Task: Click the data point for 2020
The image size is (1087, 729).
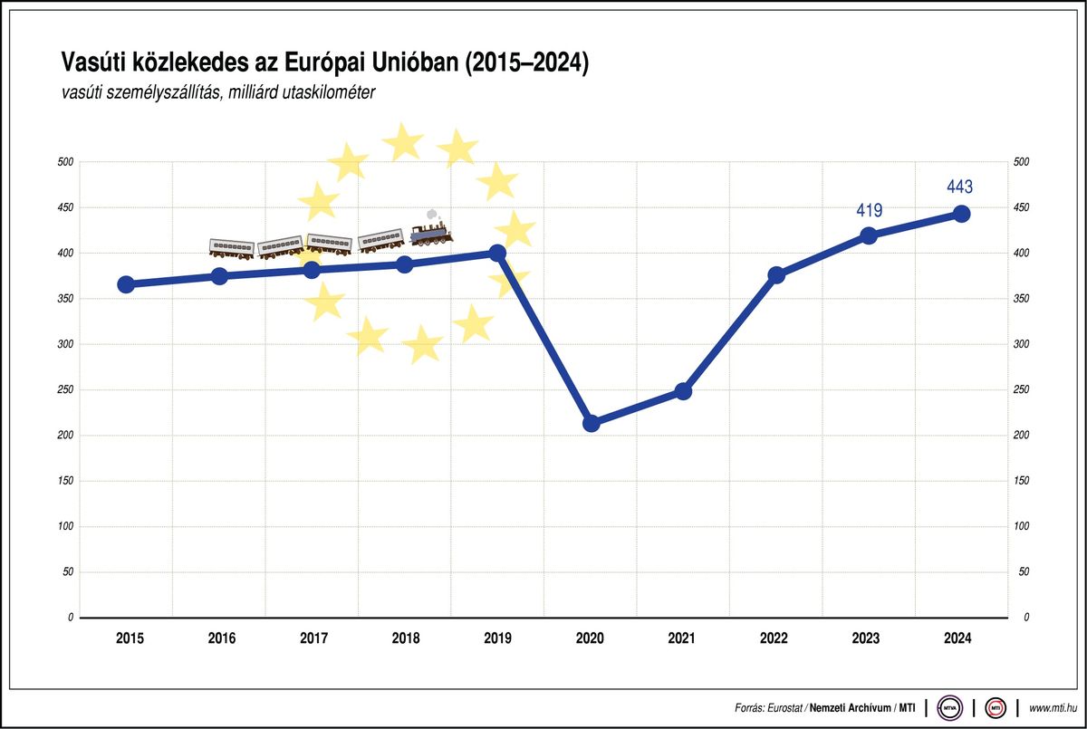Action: tap(592, 423)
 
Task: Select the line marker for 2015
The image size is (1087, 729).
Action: tap(127, 284)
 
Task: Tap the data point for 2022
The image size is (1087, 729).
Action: tap(776, 274)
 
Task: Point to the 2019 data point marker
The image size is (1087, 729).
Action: tap(497, 253)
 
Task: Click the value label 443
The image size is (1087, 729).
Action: tap(959, 187)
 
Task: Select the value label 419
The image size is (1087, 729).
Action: tap(869, 210)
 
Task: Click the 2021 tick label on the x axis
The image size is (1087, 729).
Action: tap(681, 638)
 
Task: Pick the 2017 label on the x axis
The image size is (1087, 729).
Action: tap(313, 638)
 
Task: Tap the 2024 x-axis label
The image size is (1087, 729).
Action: tap(957, 638)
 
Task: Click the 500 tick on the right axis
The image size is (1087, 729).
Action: tap(1022, 162)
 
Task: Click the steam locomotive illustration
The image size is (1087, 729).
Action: tap(431, 235)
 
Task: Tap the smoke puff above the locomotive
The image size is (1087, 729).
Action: tap(433, 215)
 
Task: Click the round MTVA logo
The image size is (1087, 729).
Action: tap(951, 706)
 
